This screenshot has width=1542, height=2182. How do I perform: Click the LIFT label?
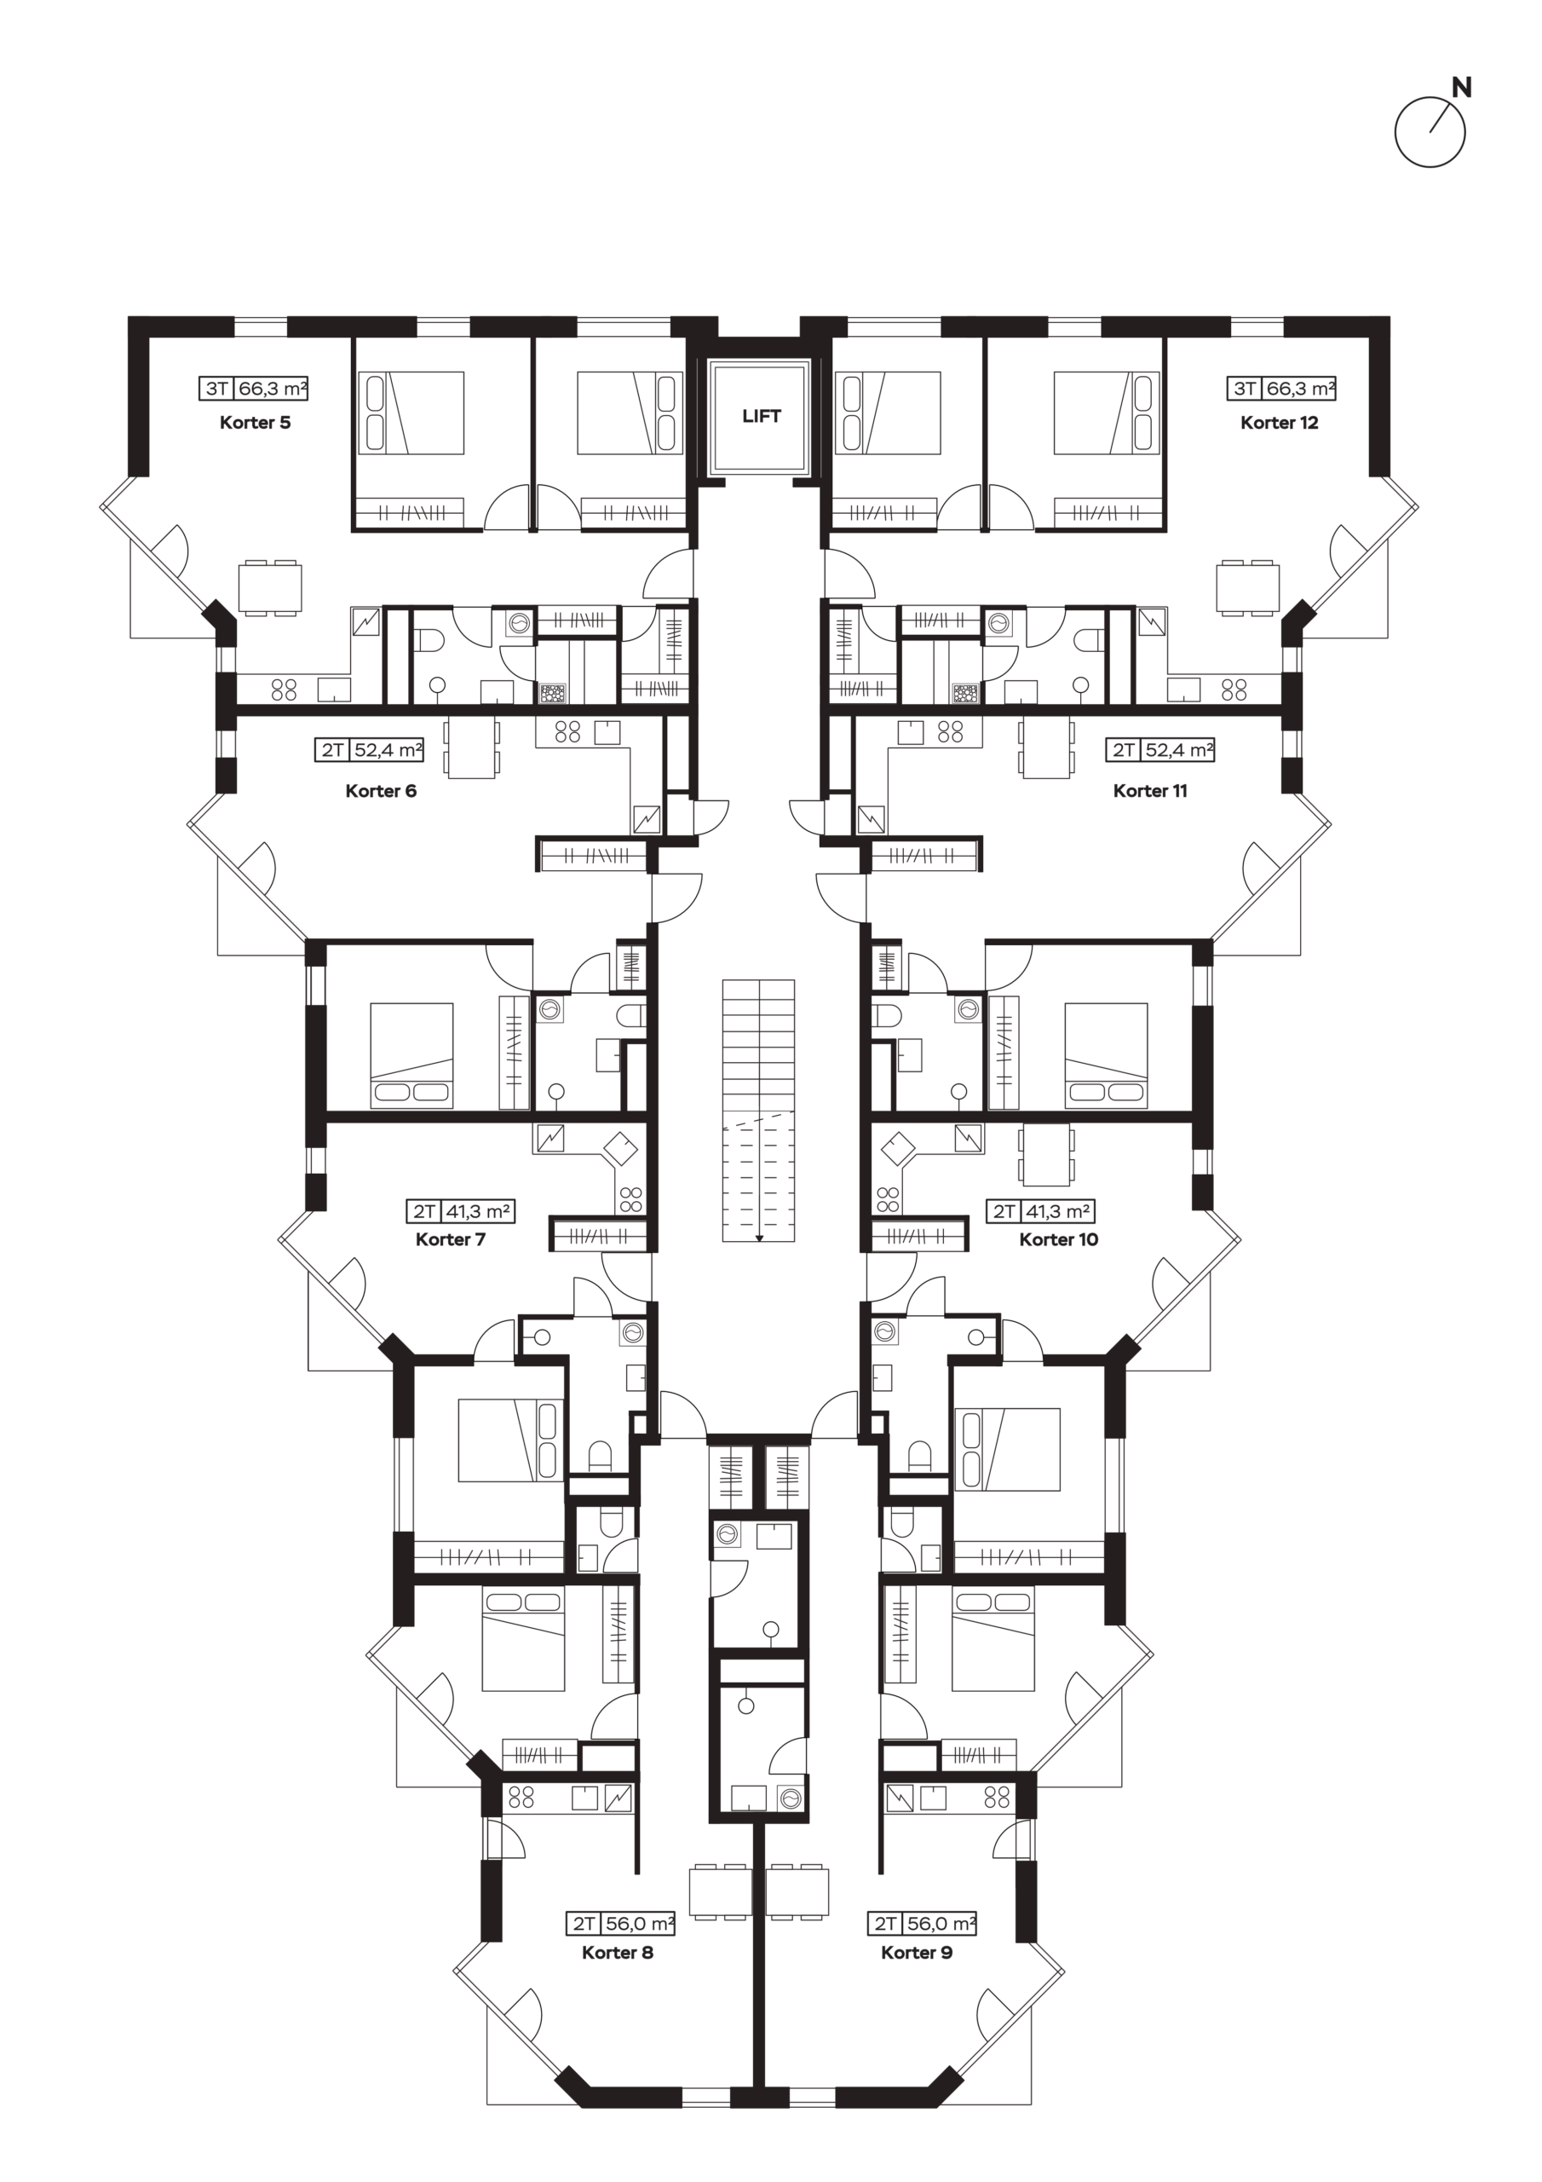761,416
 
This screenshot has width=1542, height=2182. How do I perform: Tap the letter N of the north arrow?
1462,89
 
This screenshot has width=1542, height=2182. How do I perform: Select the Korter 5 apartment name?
255,423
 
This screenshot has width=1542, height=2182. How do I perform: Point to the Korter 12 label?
1279,423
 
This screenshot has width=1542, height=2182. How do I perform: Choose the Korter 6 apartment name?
380,791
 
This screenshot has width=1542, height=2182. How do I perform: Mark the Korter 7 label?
451,1239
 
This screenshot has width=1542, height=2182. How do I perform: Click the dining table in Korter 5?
270,588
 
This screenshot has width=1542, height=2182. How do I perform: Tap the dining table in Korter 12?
1247,588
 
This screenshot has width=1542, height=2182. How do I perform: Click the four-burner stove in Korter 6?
568,730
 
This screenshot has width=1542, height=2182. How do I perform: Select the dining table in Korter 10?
1047,1156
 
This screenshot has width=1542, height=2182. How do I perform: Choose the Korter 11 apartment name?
1149,791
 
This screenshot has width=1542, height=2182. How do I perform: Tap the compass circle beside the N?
1430,132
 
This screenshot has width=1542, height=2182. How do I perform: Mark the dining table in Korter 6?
471,747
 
